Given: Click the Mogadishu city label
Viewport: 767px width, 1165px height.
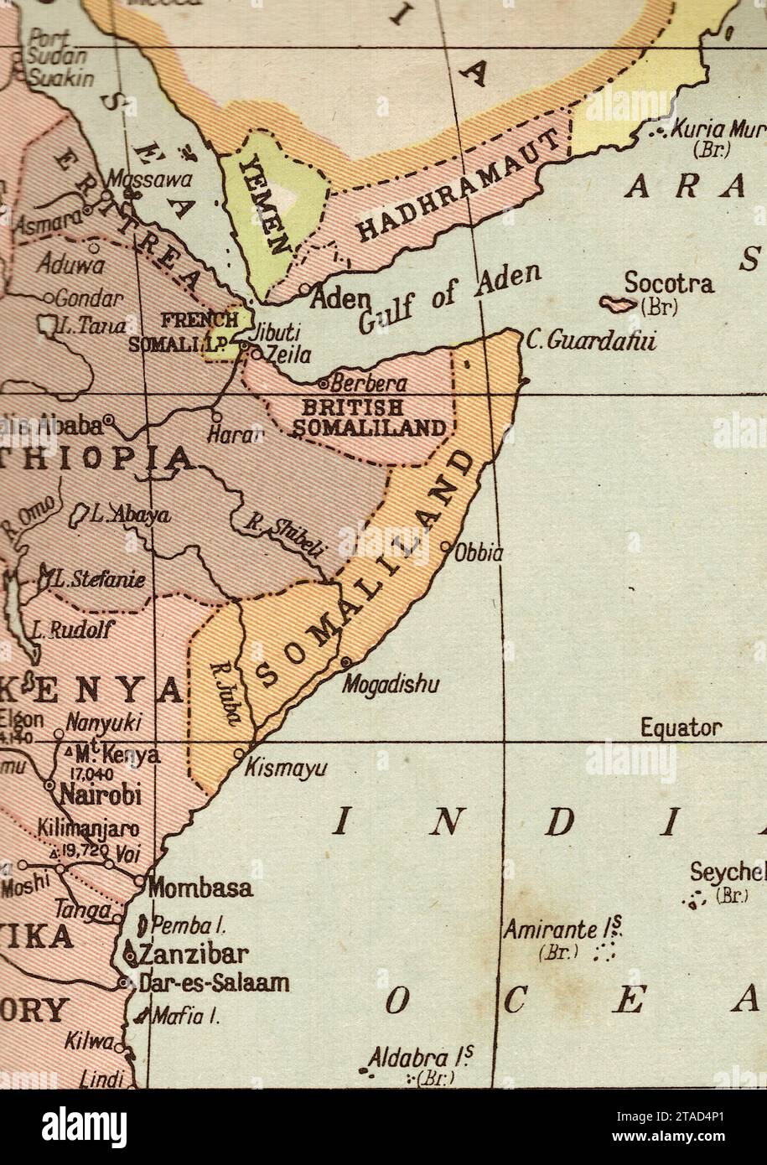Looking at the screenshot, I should click(391, 686).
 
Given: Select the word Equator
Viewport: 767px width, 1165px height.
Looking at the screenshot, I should click(681, 727).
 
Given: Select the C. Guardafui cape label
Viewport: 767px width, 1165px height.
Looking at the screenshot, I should click(592, 341).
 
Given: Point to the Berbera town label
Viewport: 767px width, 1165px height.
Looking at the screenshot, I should click(369, 384).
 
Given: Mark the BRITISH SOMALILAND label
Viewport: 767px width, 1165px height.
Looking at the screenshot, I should click(369, 417).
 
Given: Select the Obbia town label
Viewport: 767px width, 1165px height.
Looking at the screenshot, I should click(479, 553).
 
